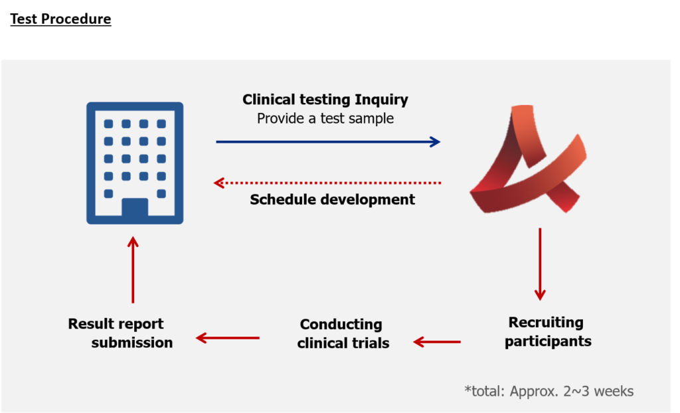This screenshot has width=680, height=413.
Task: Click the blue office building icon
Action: pyautogui.click(x=135, y=163)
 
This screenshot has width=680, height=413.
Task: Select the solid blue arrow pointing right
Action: pyautogui.click(x=328, y=141)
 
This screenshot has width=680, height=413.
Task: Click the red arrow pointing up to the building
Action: pyautogui.click(x=133, y=270)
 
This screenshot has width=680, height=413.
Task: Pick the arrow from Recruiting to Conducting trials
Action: pyautogui.click(x=437, y=342)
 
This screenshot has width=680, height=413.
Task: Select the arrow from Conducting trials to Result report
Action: pyautogui.click(x=228, y=338)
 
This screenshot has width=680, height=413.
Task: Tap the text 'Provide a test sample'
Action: pyautogui.click(x=325, y=119)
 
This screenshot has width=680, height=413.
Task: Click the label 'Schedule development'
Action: pyautogui.click(x=332, y=199)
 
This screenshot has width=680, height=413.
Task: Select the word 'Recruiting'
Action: pyautogui.click(x=546, y=323)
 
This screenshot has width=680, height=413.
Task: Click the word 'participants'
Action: pyautogui.click(x=548, y=342)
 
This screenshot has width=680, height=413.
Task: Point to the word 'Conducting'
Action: pyautogui.click(x=341, y=325)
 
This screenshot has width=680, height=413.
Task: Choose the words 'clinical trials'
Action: pyautogui.click(x=343, y=343)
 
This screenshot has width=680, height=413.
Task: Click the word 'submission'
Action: pyautogui.click(x=132, y=343)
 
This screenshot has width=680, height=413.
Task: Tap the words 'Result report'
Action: pyautogui.click(x=116, y=324)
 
